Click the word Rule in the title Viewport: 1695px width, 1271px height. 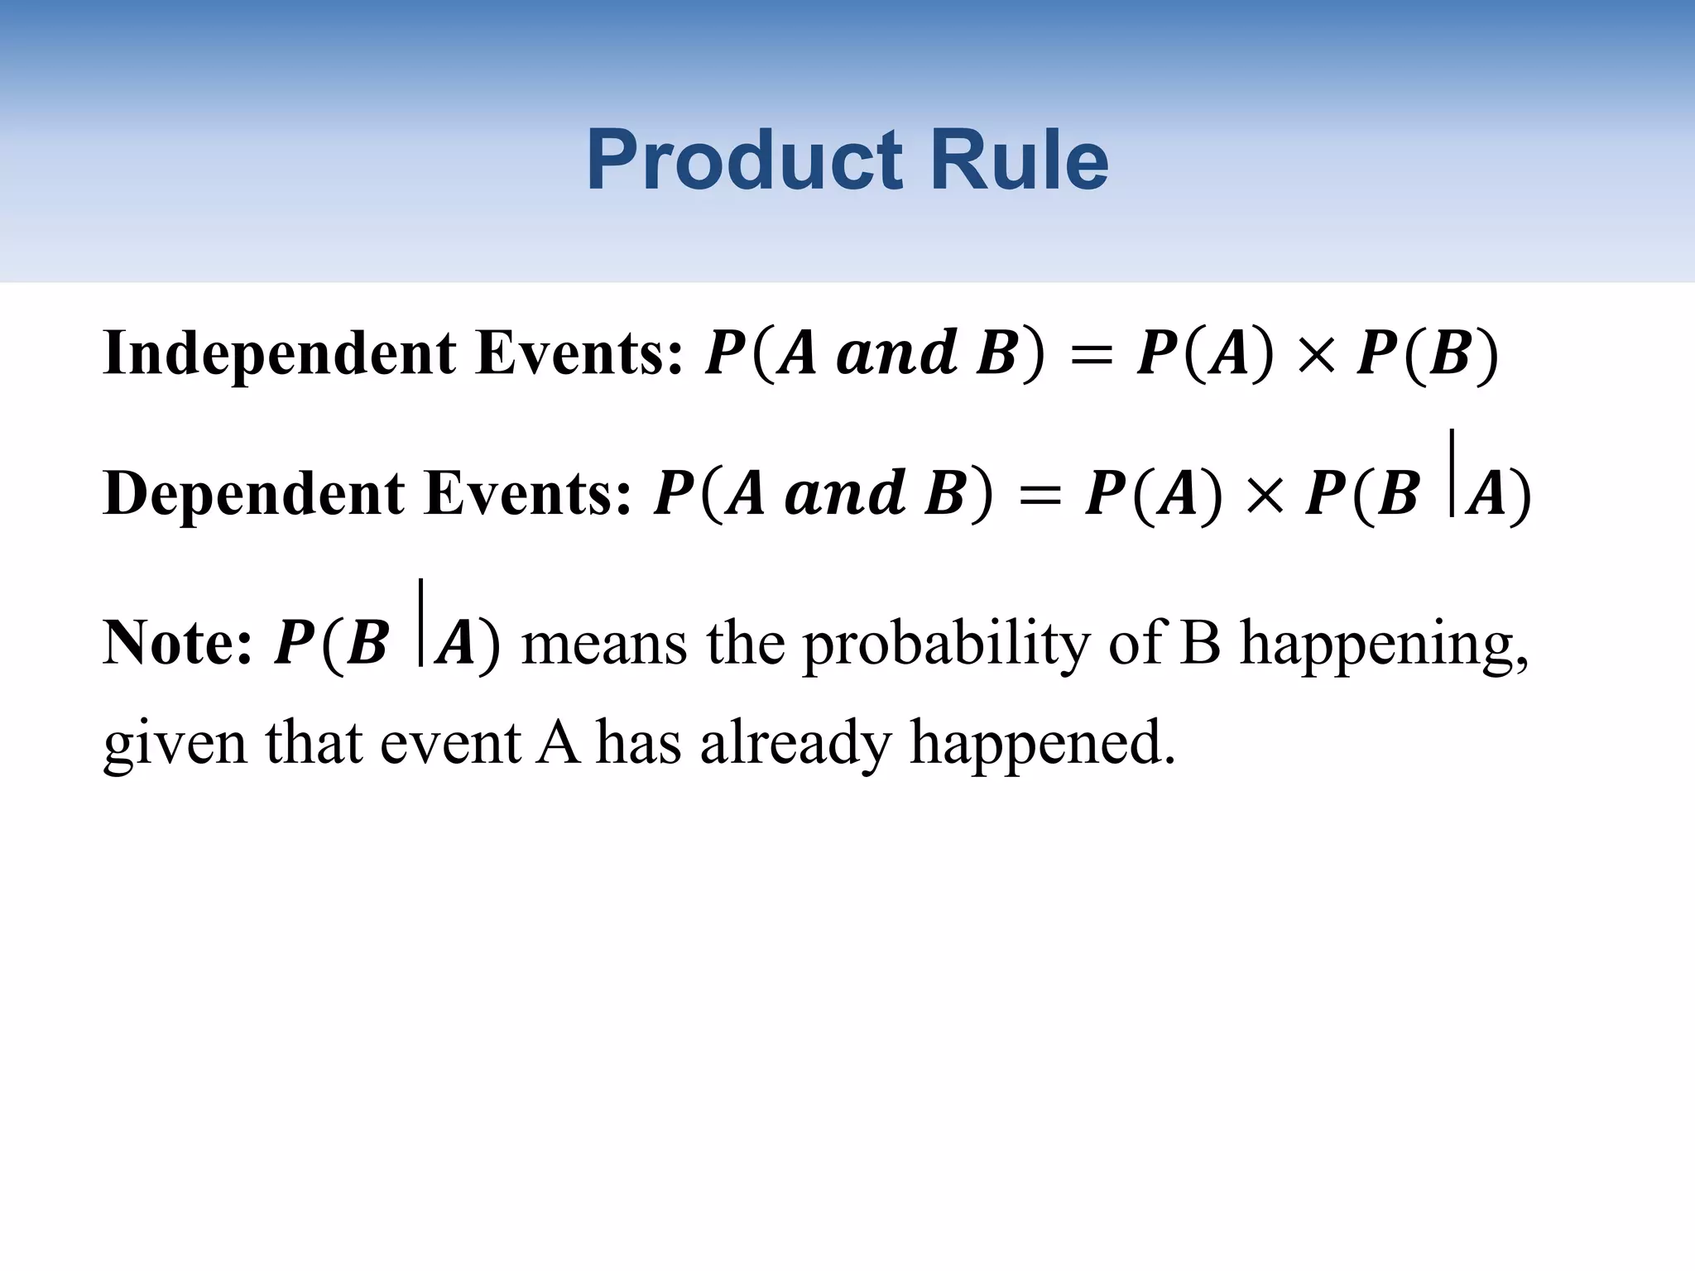point(1019,161)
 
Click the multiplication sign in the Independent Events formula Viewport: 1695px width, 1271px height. point(1316,357)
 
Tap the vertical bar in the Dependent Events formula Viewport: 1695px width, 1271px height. point(1452,473)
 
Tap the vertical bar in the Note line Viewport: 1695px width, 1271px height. point(420,622)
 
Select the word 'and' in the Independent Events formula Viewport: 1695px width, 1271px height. point(896,354)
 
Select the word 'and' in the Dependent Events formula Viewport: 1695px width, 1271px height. point(844,494)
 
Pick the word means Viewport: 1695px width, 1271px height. point(604,645)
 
